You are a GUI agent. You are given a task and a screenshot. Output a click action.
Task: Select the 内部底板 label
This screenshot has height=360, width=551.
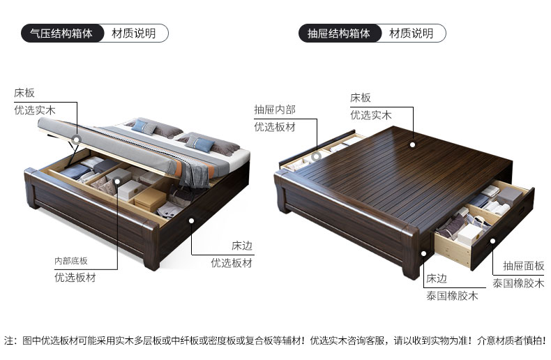[71, 261]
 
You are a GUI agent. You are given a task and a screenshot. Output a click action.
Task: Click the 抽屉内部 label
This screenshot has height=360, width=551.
[274, 110]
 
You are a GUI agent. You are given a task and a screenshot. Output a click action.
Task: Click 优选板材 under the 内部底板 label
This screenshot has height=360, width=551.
[75, 278]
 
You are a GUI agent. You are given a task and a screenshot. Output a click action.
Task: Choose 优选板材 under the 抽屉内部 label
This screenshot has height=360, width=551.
[274, 127]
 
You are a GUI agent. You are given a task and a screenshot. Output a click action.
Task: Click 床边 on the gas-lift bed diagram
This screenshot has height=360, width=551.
[241, 246]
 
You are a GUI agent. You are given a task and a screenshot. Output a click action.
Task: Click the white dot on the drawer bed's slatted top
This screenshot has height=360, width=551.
[413, 145]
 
